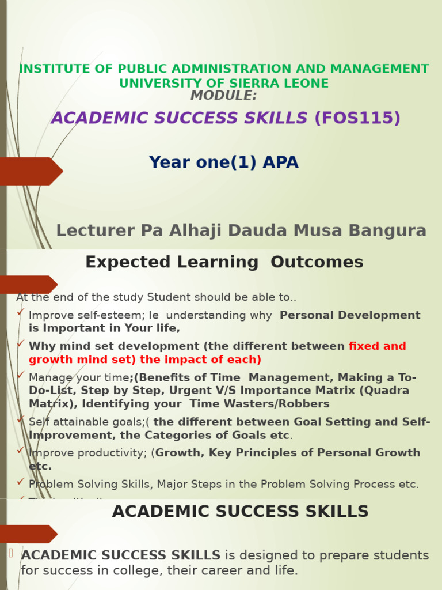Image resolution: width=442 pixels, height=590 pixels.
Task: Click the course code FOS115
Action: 357,118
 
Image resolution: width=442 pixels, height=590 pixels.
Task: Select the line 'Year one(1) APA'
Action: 224,162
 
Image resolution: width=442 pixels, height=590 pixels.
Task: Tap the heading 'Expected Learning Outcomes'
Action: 224,263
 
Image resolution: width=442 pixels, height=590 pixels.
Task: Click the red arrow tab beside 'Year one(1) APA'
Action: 32,171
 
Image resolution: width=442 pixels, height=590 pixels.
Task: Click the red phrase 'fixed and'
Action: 378,346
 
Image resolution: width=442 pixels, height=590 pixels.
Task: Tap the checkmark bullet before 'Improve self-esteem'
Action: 21,312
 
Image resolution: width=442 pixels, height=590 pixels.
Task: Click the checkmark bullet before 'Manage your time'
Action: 21,375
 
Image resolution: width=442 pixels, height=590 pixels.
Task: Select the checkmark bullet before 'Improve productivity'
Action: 21,450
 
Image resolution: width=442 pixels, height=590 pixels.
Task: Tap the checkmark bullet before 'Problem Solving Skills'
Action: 21,481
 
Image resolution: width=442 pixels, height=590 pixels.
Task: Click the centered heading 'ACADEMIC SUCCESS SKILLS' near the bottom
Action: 240,512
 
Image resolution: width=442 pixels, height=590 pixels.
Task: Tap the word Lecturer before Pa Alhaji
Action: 92,231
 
